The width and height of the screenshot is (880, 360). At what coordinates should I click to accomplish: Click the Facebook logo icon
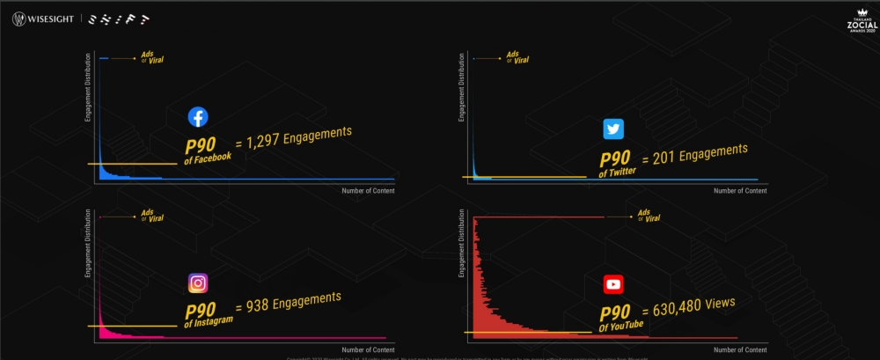pos(198,117)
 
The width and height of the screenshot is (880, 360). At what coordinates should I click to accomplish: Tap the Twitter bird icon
pos(613,129)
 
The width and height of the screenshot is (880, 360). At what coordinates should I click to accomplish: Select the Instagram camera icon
pos(198,283)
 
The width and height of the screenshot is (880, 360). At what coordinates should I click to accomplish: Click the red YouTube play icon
pos(613,284)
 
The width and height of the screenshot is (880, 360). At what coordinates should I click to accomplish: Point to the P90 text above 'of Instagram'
pos(202,311)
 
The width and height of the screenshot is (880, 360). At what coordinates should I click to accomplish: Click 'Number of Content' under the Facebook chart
pos(369,190)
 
